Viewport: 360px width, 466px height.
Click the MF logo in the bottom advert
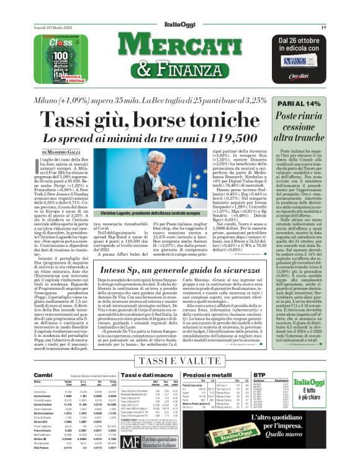point(127,442)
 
